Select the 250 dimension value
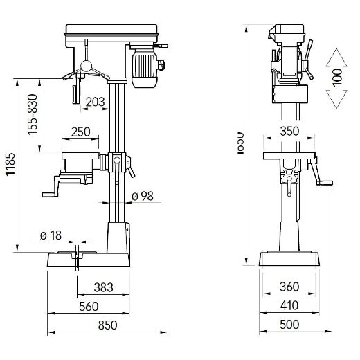(x=81, y=132)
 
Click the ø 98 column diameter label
(x=141, y=197)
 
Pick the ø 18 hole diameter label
(x=51, y=235)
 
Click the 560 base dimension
(x=88, y=306)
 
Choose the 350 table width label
(x=289, y=132)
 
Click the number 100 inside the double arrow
(x=336, y=78)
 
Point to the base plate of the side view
(x=289, y=259)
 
